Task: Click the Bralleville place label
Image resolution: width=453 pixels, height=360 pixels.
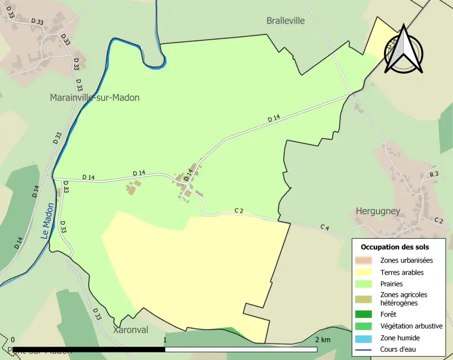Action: click(x=285, y=21)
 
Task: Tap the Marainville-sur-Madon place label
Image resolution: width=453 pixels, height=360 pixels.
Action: click(x=95, y=98)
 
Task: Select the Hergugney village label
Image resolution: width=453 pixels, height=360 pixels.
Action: click(x=378, y=211)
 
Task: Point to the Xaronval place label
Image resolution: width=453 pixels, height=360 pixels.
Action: click(x=130, y=330)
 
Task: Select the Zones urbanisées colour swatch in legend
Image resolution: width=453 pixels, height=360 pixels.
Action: click(x=364, y=260)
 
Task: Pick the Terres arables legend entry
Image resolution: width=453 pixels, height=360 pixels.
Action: click(x=402, y=272)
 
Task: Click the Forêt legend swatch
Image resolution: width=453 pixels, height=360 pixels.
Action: click(x=364, y=314)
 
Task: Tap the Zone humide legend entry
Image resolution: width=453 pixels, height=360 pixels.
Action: click(x=400, y=338)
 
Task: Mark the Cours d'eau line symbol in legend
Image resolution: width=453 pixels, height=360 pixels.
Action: click(x=364, y=350)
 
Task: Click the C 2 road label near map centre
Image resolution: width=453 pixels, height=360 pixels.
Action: click(x=239, y=210)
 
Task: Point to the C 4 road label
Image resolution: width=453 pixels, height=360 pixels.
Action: click(x=324, y=227)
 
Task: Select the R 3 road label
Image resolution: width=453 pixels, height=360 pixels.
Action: click(x=434, y=175)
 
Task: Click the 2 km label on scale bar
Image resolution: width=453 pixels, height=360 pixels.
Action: click(x=323, y=340)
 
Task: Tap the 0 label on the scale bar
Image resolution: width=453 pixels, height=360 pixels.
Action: click(x=13, y=340)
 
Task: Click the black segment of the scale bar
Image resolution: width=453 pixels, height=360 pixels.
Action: click(x=89, y=350)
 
